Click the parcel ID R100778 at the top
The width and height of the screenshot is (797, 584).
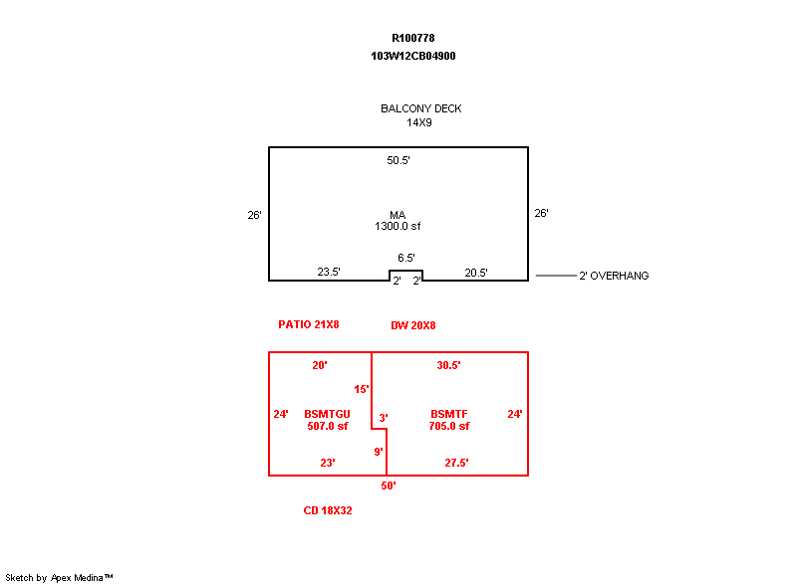point(412,38)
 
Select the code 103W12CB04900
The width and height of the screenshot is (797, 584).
point(412,56)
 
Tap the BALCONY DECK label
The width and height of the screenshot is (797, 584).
point(420,108)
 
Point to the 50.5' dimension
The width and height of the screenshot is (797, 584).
point(398,160)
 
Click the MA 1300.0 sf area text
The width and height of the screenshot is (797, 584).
point(398,221)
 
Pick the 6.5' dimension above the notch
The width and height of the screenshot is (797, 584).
point(405,258)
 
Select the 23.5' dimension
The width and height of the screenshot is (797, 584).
point(329,272)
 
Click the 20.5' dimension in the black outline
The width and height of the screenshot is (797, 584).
point(476,273)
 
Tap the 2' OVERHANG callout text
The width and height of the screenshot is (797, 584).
point(614,276)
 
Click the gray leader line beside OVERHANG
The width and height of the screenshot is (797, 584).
point(556,276)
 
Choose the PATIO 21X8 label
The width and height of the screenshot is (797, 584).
point(309,324)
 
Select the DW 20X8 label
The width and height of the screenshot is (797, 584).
point(412,325)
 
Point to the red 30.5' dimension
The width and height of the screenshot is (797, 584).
point(448,365)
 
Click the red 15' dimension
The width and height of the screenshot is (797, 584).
point(362,389)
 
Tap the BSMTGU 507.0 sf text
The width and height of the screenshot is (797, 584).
point(328,420)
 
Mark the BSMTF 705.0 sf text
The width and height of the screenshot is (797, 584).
point(449,420)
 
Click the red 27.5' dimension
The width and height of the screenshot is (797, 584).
point(456,463)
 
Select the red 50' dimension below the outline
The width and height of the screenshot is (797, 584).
point(389,487)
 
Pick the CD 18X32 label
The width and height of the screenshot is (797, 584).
point(328,510)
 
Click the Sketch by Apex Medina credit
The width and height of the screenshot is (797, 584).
point(59,577)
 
